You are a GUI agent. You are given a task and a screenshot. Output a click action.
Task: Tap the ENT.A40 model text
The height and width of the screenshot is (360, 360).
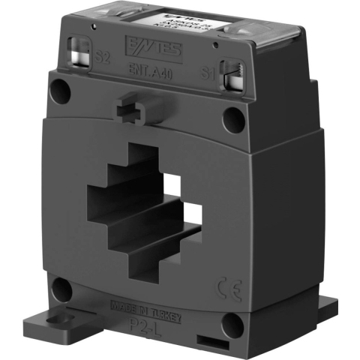[x=147, y=73]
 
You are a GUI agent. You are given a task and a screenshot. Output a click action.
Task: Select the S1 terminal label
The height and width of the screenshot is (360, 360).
[x=211, y=74]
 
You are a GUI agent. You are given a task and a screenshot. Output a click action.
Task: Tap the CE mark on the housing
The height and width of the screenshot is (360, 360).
[x=226, y=286]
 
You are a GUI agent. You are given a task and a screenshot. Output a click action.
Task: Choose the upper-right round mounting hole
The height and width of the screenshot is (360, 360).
[x=234, y=117]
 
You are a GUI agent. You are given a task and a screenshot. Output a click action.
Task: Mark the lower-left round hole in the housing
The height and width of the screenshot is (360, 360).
[x=62, y=290]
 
